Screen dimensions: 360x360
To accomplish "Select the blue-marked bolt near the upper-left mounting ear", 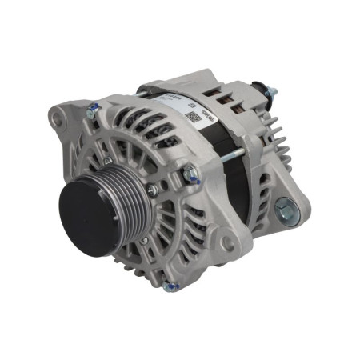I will [93, 114].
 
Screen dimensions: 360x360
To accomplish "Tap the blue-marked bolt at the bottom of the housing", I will [168, 286].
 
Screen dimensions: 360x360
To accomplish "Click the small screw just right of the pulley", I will [152, 190].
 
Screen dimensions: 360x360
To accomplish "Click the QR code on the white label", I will [191, 117].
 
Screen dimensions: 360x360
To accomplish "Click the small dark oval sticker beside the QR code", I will [210, 115].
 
